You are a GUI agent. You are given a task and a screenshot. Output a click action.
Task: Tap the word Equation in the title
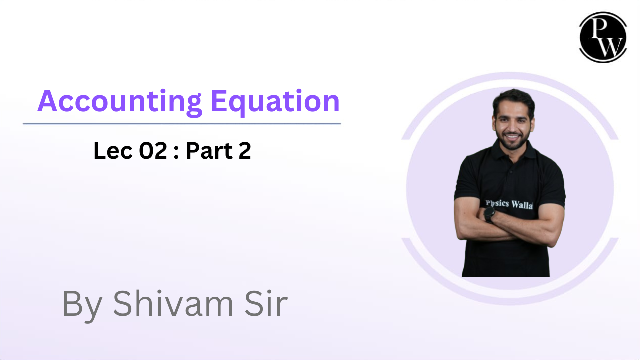pyautogui.click(x=275, y=102)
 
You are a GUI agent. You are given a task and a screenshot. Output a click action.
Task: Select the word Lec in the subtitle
pyautogui.click(x=110, y=151)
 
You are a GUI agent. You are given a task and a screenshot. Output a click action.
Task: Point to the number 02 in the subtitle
pyautogui.click(x=152, y=151)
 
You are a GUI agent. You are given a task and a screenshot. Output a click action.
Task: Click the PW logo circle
pyautogui.click(x=603, y=37)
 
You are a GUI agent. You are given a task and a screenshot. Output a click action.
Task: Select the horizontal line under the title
pyautogui.click(x=182, y=123)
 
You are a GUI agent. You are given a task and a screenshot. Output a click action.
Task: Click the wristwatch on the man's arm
pyautogui.click(x=489, y=214)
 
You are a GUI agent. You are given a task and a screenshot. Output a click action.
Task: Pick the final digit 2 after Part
pyautogui.click(x=244, y=151)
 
